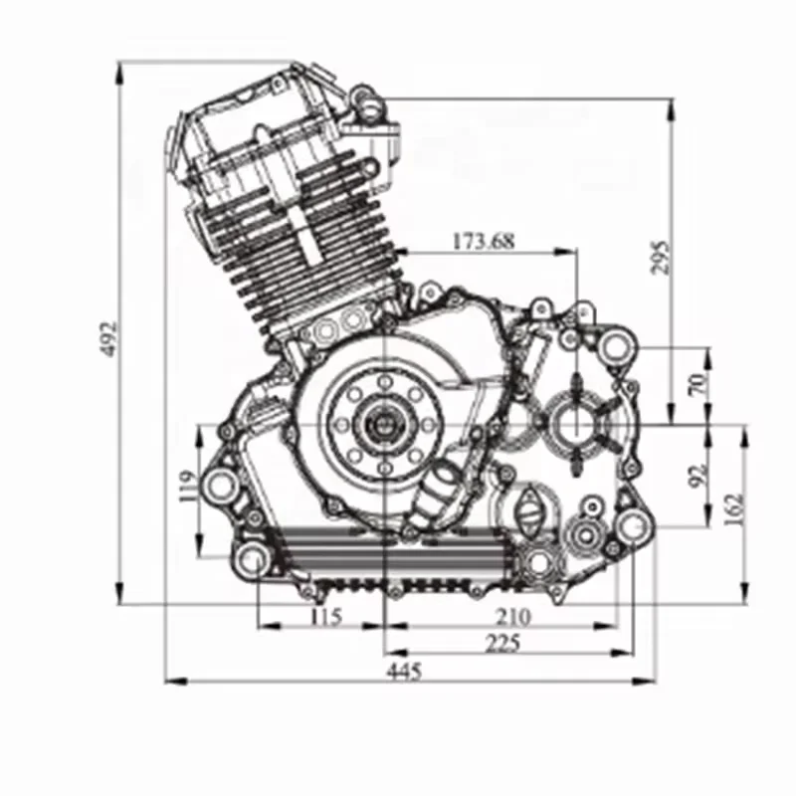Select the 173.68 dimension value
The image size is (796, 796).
click(x=484, y=241)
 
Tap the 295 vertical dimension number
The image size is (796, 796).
click(x=660, y=258)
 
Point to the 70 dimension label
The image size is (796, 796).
click(x=699, y=384)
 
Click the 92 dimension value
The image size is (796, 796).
click(x=700, y=475)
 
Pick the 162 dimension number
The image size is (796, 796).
click(x=735, y=507)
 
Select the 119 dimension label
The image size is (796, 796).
click(x=187, y=486)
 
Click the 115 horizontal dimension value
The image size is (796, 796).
click(x=325, y=616)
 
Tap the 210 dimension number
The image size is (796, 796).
click(x=512, y=617)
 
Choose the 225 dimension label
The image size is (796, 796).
click(x=503, y=644)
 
